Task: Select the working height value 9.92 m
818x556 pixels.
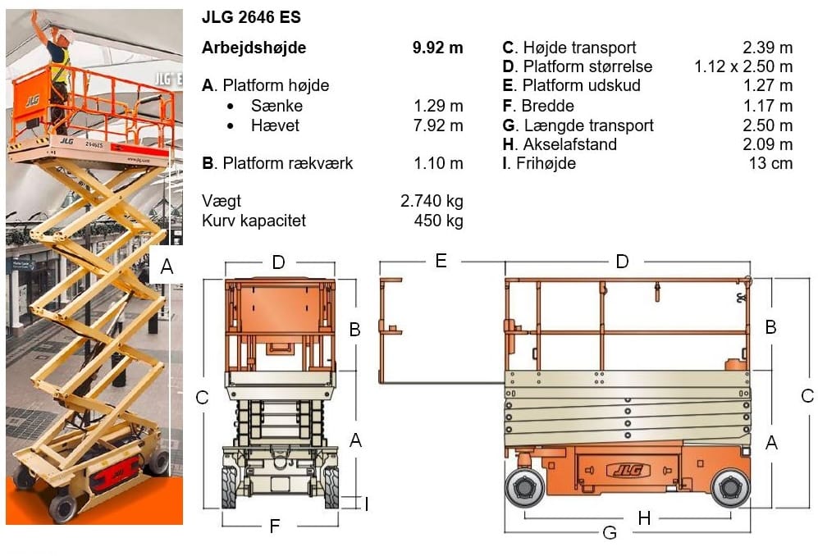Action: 437,48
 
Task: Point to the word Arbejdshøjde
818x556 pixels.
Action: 254,48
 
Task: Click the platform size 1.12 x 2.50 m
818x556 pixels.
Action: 743,66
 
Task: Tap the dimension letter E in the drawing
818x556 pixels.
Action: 441,262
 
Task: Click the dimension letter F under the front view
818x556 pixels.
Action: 276,526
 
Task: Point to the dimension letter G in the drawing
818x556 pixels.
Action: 610,533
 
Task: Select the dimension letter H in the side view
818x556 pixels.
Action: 644,517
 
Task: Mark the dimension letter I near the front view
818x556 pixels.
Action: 366,504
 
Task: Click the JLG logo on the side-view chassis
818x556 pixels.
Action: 628,471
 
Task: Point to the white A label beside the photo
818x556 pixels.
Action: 167,267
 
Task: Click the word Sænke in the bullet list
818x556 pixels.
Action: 276,107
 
